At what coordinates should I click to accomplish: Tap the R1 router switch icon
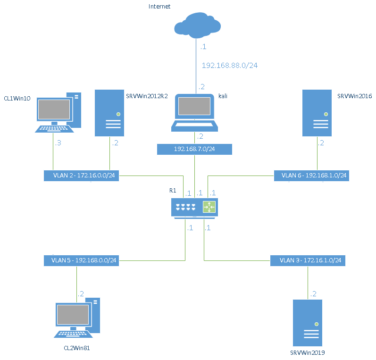pos(194,208)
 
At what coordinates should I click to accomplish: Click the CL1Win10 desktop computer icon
pos(58,112)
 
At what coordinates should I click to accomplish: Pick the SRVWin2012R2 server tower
pos(109,113)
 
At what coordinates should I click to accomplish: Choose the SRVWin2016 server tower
pos(317,113)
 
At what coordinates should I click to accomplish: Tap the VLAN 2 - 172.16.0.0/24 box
pos(81,176)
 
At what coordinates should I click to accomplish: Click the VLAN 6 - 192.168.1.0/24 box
pos(312,176)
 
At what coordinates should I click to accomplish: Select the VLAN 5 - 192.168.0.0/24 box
pos(81,260)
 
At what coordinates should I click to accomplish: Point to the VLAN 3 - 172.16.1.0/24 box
pos(308,260)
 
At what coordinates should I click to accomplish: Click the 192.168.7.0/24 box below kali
pos(194,149)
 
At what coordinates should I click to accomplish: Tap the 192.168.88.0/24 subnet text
pos(230,65)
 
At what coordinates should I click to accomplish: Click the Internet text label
pos(159,7)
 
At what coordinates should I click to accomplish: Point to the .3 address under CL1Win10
pos(58,143)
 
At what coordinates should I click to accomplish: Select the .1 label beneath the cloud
pos(203,47)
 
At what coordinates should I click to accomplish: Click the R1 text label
pos(173,191)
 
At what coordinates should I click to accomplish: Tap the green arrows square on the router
pos(209,207)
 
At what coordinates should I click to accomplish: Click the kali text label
pos(223,96)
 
